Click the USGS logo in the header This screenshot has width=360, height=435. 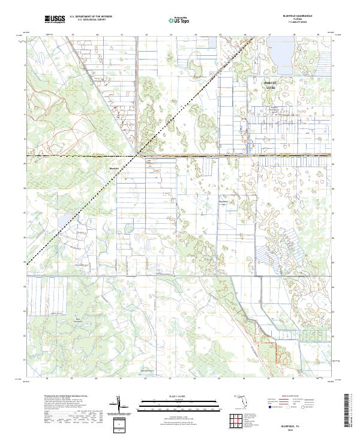pos(55,19)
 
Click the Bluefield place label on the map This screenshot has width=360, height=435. pos(114,169)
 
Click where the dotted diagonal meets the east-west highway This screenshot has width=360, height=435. pos(139,156)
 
